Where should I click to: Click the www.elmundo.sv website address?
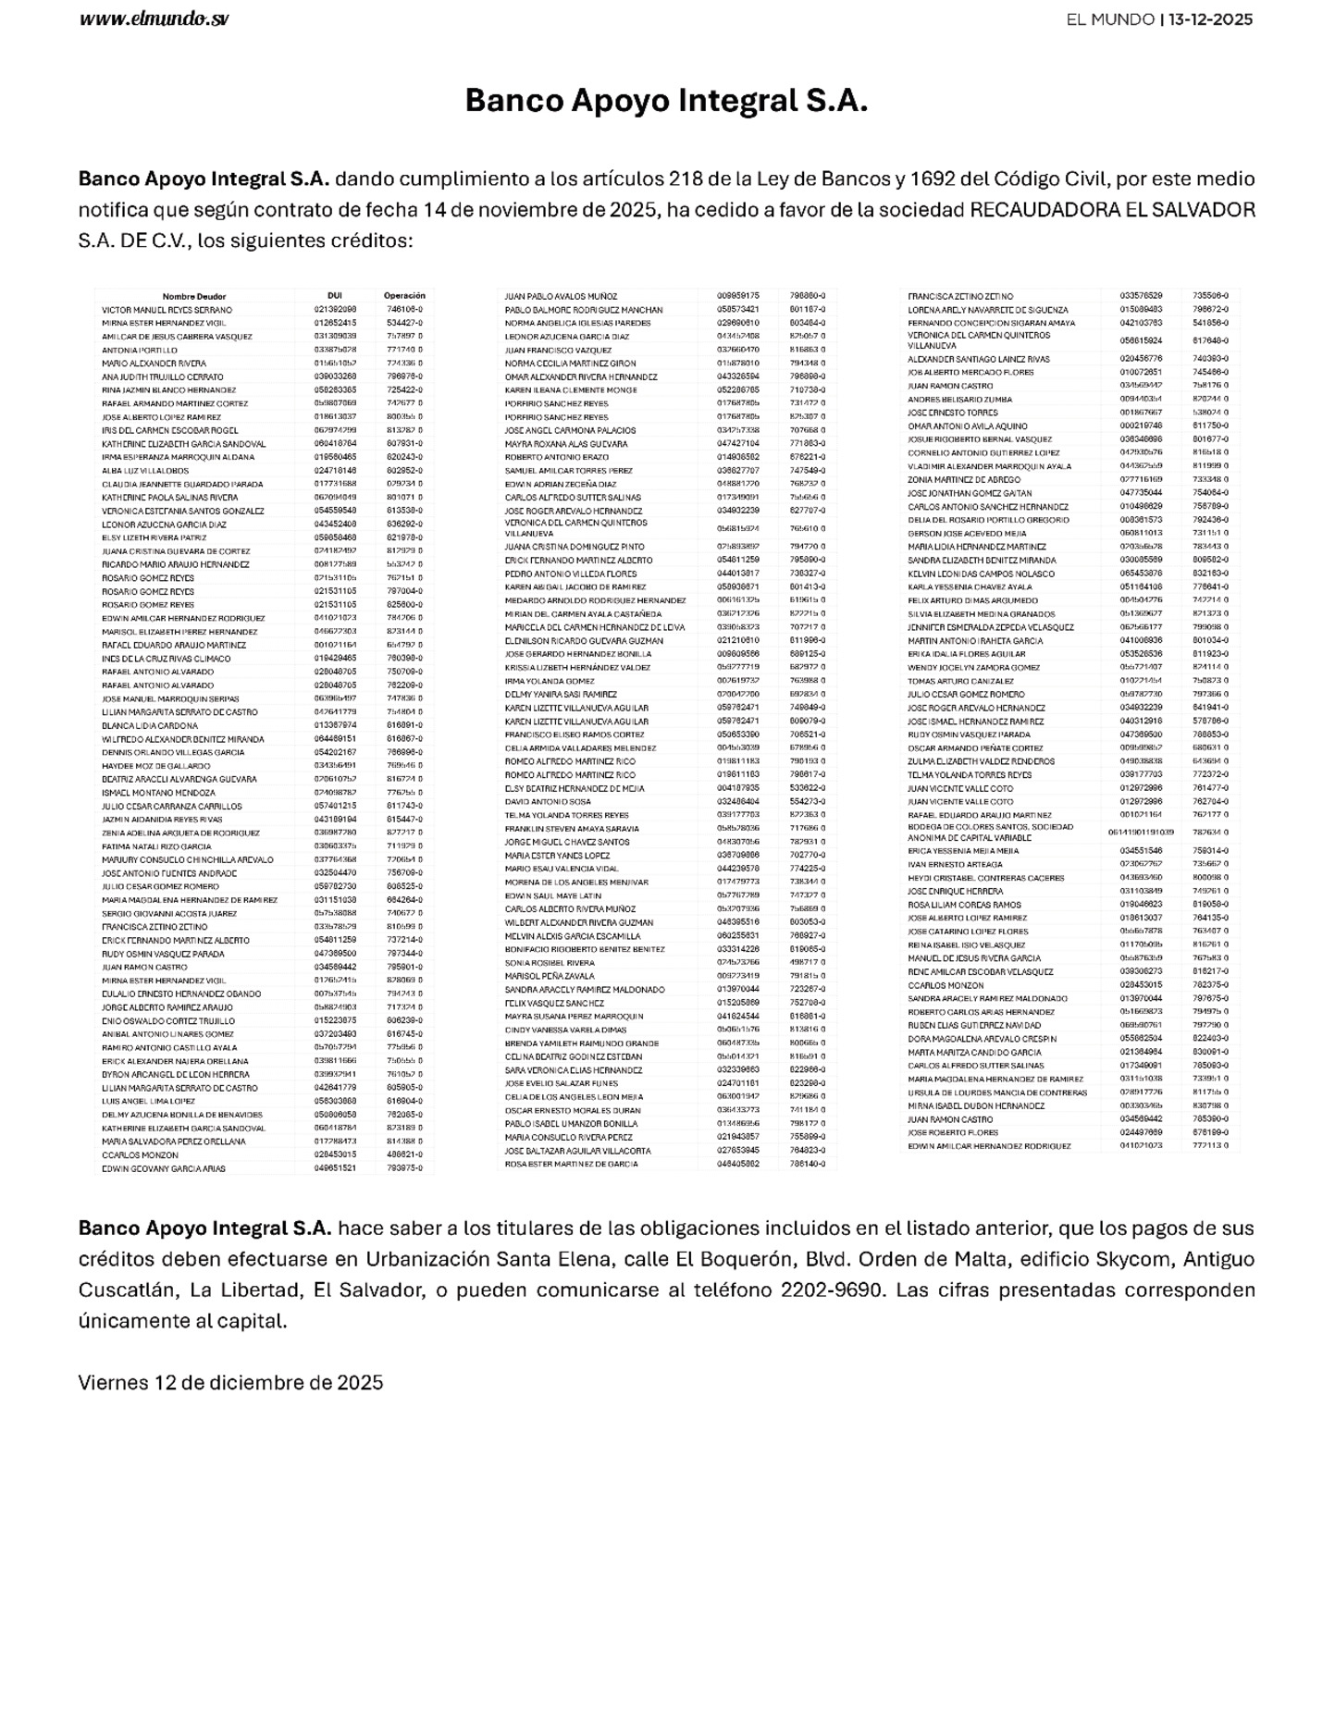155,19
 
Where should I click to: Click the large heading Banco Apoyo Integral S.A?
666,100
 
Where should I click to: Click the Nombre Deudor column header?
194,296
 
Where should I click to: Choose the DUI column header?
335,296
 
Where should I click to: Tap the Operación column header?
404,296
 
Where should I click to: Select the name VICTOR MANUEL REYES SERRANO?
167,310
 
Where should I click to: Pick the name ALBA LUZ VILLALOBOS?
145,471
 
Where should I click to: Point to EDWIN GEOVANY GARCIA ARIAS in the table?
163,1168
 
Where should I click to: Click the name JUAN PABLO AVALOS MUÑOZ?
561,296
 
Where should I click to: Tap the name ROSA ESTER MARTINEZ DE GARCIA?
571,1164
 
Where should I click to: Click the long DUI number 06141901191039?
1141,832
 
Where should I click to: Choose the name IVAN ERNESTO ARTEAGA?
955,864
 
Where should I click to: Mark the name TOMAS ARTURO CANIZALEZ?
960,681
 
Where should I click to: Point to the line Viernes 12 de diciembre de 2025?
230,1382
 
